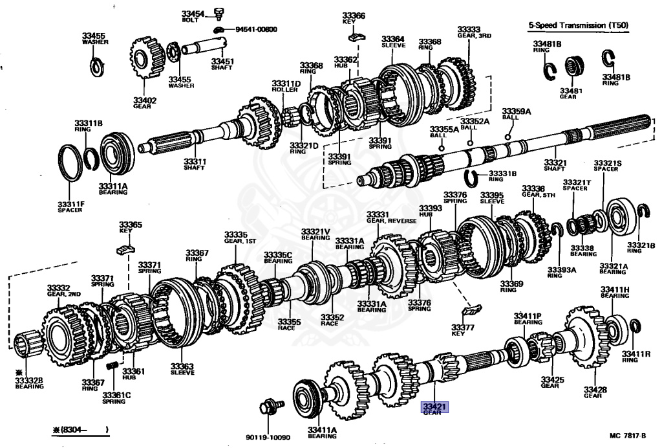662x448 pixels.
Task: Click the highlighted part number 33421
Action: tap(435, 407)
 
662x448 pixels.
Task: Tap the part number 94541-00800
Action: tap(256, 29)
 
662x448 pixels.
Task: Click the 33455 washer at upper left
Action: tap(96, 65)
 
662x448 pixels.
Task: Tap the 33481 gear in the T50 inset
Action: tap(575, 65)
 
